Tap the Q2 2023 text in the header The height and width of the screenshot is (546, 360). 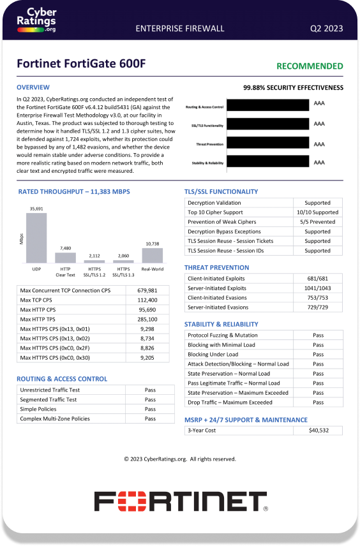coord(326,28)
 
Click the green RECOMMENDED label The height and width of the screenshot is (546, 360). coord(310,66)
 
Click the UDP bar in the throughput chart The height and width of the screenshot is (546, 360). coord(36,238)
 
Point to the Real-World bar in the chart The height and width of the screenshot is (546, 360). coord(152,255)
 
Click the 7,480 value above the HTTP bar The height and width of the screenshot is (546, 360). coord(65,247)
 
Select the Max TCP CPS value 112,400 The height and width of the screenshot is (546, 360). coord(147,300)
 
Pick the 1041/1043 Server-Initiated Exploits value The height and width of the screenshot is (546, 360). coord(317,288)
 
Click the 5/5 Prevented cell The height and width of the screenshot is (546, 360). coord(317,222)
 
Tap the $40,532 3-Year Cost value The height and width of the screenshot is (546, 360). coord(317,431)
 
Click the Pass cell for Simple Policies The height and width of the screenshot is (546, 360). coord(150,409)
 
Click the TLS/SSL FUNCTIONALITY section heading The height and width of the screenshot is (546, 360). coord(221,191)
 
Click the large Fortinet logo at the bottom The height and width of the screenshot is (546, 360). coord(180,501)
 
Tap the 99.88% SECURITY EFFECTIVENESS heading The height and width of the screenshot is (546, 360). coord(293,88)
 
